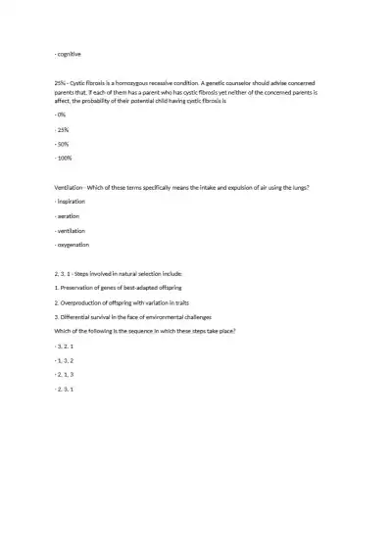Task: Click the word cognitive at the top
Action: coord(70,53)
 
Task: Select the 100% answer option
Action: coord(65,158)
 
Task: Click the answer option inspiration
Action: coord(72,200)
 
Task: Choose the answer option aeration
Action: coord(69,214)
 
